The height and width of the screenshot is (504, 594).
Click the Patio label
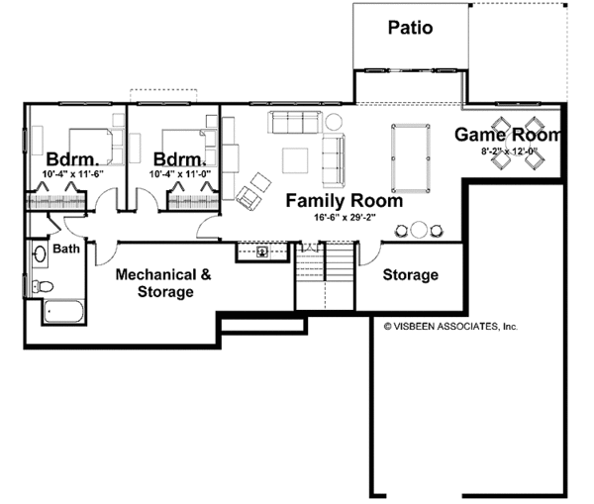click(410, 28)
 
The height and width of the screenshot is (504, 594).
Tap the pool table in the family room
click(411, 158)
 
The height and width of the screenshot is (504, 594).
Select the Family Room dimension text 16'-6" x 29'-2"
click(345, 218)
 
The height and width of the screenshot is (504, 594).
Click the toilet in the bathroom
click(43, 286)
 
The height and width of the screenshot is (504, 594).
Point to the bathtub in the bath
click(63, 312)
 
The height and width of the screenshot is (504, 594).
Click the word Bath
click(66, 249)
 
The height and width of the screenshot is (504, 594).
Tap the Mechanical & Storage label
click(163, 283)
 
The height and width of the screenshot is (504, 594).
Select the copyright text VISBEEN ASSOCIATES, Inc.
click(450, 327)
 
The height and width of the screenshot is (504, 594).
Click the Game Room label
click(508, 135)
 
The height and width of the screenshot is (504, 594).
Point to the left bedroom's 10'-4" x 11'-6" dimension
click(73, 174)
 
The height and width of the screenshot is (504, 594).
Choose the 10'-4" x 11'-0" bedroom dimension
click(180, 174)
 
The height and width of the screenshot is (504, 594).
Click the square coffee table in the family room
click(295, 160)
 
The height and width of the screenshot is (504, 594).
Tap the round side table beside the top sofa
click(334, 122)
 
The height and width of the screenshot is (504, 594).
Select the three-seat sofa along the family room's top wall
click(295, 122)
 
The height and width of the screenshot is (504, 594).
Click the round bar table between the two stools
click(419, 230)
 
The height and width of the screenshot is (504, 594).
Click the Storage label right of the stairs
click(411, 274)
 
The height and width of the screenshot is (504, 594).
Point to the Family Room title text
click(344, 201)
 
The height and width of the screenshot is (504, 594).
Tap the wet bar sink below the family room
click(262, 252)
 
